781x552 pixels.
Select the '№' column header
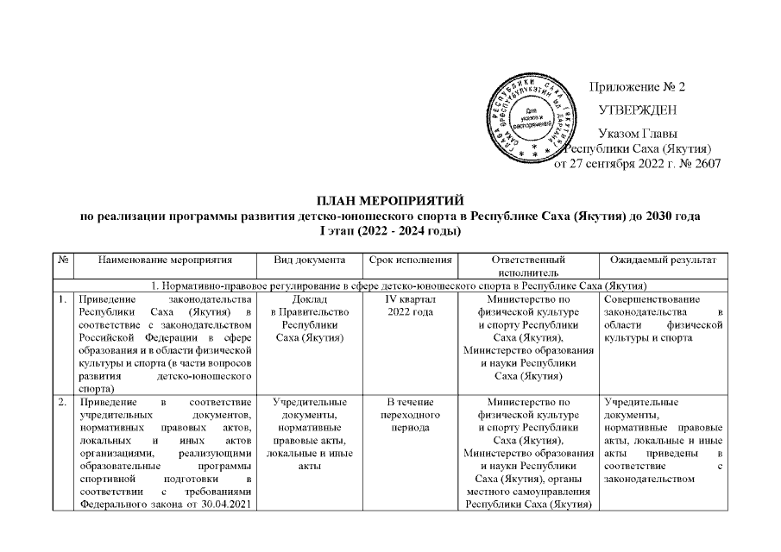pos(63,259)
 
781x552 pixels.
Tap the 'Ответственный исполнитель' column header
pos(527,266)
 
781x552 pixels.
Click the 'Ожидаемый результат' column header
pos(662,259)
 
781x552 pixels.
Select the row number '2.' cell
pos(63,402)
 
